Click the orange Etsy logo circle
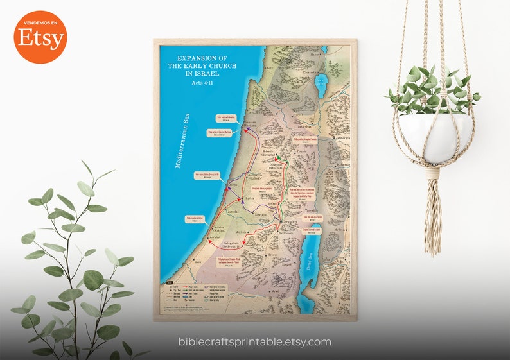click(x=40, y=37)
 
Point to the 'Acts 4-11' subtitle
click(x=203, y=86)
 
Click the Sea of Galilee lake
click(x=321, y=84)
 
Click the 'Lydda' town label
click(x=251, y=200)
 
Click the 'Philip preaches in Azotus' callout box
click(x=194, y=219)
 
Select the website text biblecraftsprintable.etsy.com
click(x=254, y=341)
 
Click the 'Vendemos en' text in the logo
click(x=40, y=22)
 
